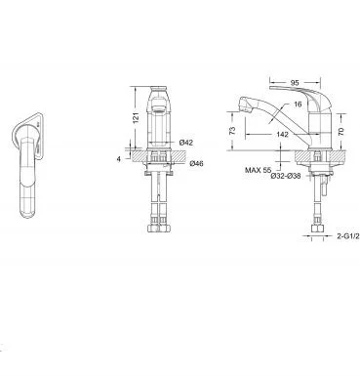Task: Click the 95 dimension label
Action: [295, 83]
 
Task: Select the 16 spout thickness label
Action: [298, 104]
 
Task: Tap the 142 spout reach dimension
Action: [283, 134]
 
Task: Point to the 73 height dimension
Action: [232, 131]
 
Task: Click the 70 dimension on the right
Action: [340, 131]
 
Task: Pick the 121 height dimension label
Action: [137, 118]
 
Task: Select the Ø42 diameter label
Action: [186, 143]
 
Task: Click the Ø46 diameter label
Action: [196, 163]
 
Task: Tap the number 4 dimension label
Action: [119, 159]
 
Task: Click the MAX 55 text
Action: [258, 170]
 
